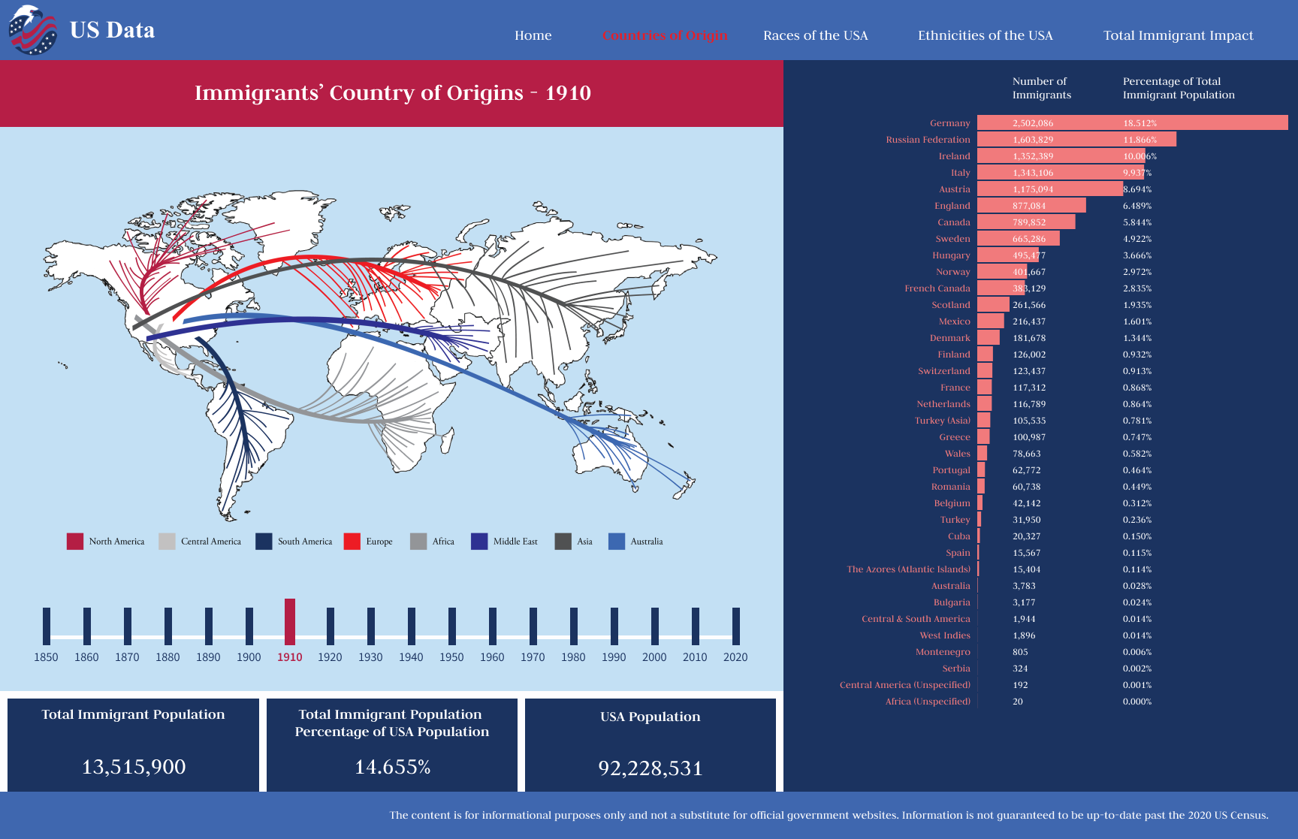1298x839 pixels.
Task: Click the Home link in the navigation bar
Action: (x=533, y=35)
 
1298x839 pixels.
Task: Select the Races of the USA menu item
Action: (x=815, y=35)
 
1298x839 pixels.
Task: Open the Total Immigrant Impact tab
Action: (x=1178, y=35)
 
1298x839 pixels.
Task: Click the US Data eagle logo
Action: (x=32, y=31)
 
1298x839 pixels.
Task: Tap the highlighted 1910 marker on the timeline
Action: (x=290, y=621)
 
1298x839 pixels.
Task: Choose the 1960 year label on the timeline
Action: (x=492, y=657)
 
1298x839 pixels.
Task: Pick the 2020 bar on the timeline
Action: (x=736, y=626)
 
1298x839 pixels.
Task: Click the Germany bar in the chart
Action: (x=1132, y=122)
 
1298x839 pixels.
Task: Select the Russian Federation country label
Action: (x=928, y=140)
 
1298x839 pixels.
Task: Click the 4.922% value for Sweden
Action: (x=1137, y=239)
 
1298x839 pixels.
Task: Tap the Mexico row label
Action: (x=954, y=321)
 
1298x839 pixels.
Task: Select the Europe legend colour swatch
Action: (x=352, y=542)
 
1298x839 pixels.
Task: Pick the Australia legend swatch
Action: (x=617, y=542)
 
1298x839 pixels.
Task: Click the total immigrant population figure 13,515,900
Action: (x=134, y=767)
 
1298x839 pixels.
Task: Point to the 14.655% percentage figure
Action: (x=392, y=767)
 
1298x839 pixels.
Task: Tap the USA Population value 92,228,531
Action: (x=651, y=768)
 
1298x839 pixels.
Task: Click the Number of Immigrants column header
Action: (x=1041, y=88)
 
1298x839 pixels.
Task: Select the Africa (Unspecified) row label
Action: (x=928, y=702)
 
